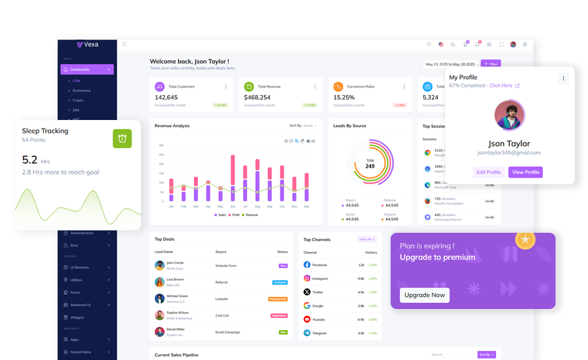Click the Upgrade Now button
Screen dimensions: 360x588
coord(425,295)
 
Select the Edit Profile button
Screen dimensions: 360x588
coord(488,172)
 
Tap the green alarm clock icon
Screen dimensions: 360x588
coord(122,139)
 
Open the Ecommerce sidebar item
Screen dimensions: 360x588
coord(82,91)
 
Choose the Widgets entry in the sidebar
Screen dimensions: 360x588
coord(77,317)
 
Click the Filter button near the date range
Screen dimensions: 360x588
coord(491,64)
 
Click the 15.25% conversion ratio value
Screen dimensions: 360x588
coord(344,97)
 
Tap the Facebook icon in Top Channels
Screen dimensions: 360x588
coord(307,265)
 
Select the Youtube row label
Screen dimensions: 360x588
coord(319,319)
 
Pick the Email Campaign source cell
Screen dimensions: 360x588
coord(227,332)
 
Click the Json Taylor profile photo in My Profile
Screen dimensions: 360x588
coord(509,115)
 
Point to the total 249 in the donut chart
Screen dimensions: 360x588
coord(370,166)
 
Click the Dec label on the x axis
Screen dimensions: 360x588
coord(307,206)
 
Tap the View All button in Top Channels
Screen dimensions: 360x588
coord(367,239)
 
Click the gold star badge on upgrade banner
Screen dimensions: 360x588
coord(526,239)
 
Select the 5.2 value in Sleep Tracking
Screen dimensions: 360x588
coord(30,160)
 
